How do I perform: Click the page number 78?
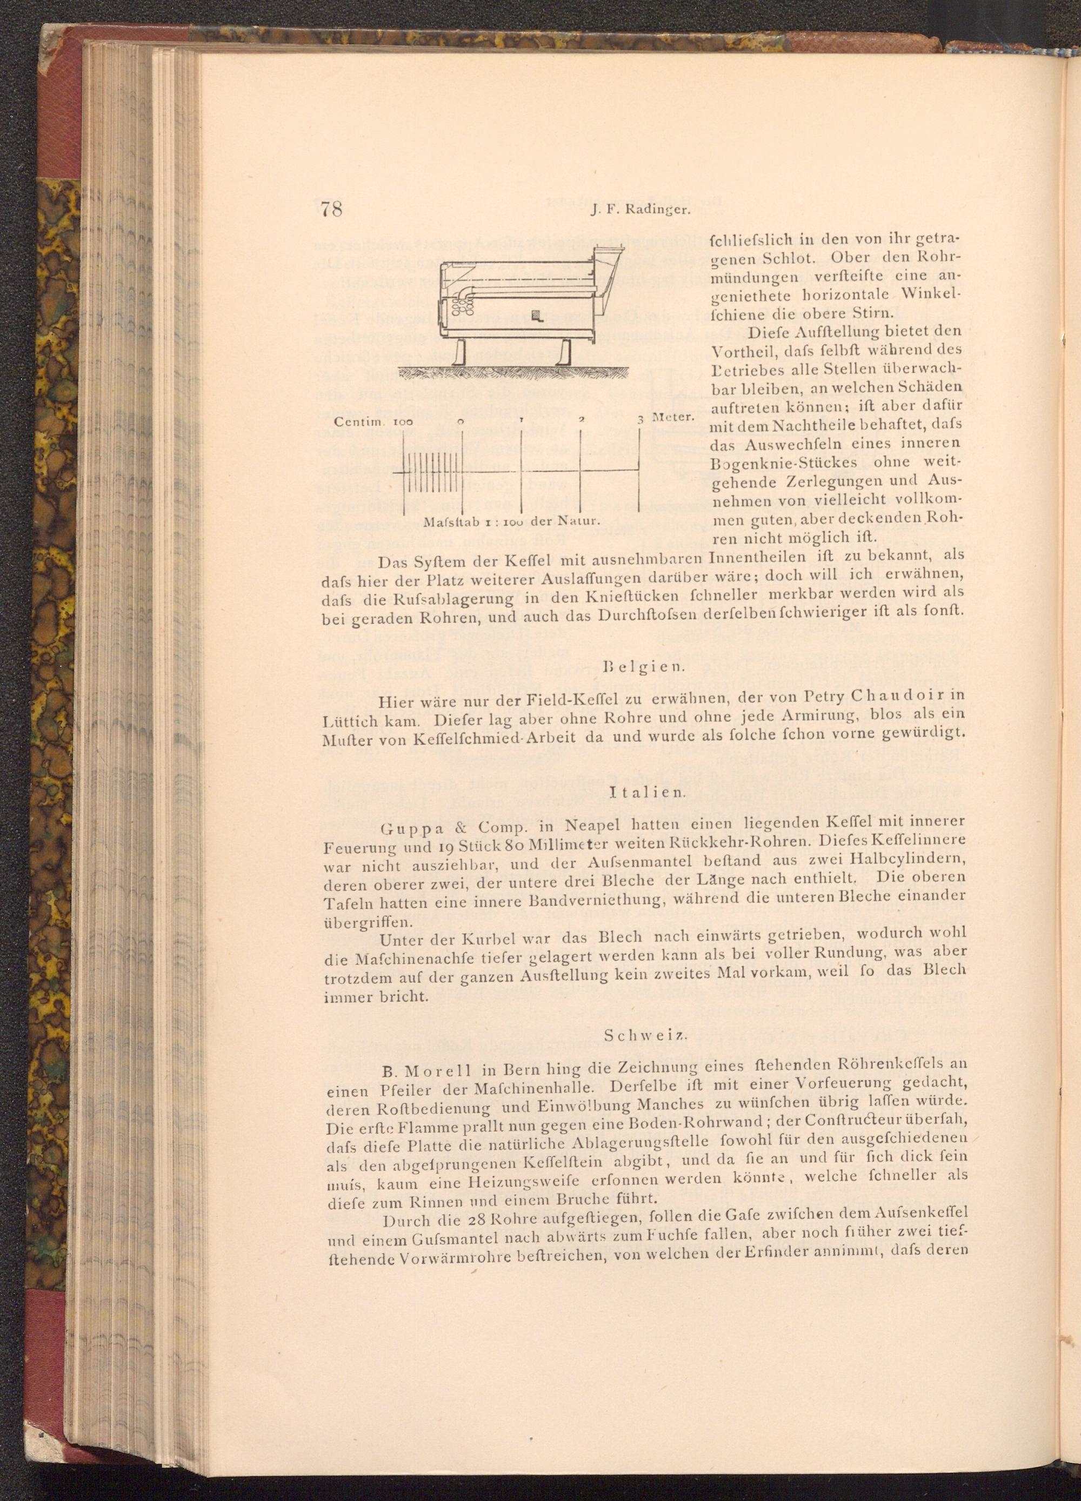[x=330, y=209]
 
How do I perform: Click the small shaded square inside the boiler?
[x=537, y=317]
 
